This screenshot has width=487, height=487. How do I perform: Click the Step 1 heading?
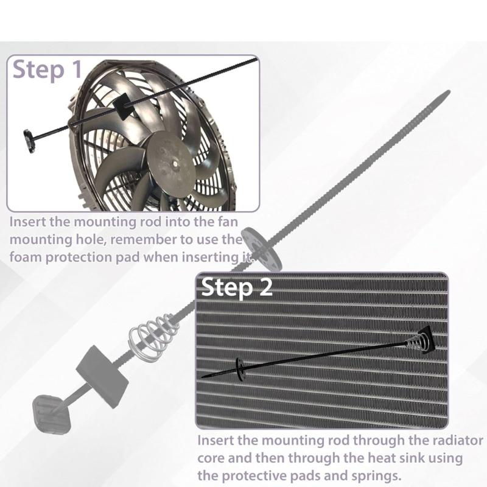point(47,69)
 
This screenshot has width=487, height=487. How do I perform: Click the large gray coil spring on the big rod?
point(152,332)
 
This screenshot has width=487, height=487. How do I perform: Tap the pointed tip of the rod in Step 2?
point(203,376)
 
